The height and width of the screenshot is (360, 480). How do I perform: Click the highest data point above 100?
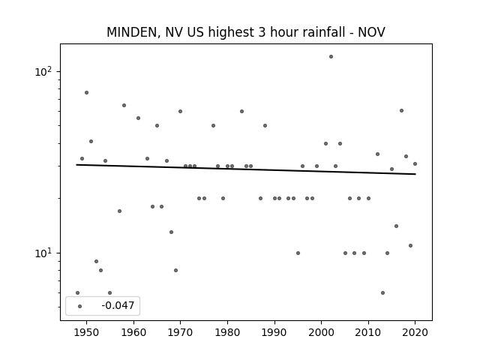(x=331, y=57)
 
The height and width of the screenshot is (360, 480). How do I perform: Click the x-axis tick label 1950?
(x=87, y=332)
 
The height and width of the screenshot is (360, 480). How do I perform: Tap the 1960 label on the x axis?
(x=133, y=332)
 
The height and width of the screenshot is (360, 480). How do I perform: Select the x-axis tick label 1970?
(x=180, y=332)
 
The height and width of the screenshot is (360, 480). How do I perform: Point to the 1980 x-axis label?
(x=227, y=332)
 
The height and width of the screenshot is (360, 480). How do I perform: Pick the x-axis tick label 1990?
(x=274, y=332)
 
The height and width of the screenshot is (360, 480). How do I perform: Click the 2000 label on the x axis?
(x=322, y=332)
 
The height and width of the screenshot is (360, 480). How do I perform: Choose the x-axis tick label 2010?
(x=368, y=332)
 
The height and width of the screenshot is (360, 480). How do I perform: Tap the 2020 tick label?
(x=415, y=332)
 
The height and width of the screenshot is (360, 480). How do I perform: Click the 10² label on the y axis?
(x=43, y=72)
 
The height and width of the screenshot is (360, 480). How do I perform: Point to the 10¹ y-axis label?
(x=43, y=253)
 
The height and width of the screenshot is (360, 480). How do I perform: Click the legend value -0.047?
(x=118, y=305)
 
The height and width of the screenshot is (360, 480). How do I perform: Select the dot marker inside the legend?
(x=80, y=306)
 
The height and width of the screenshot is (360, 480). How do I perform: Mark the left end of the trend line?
(x=76, y=165)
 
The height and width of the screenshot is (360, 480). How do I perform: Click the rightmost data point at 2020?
(x=415, y=163)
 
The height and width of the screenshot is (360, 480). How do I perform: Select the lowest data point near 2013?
(x=382, y=292)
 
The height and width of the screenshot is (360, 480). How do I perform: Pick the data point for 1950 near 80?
(x=87, y=92)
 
